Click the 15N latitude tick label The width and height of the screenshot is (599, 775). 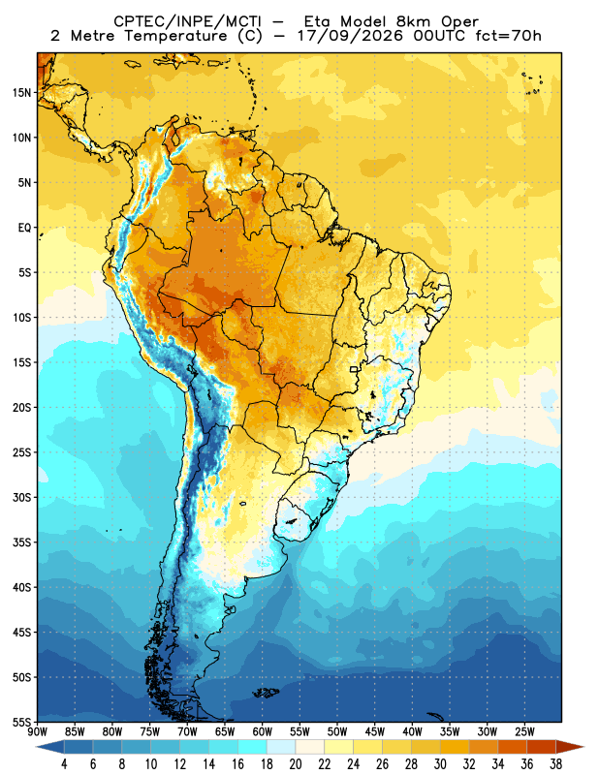[22, 92]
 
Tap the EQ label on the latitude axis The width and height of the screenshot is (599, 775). [25, 228]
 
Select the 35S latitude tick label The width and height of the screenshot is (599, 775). [22, 542]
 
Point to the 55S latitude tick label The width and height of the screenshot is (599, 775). [22, 722]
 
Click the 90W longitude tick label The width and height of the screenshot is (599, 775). [38, 731]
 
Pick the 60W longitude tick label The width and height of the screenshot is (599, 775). [262, 731]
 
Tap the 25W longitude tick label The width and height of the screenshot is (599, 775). [524, 731]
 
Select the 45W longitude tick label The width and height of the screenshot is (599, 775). [375, 731]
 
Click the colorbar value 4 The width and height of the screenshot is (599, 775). [64, 764]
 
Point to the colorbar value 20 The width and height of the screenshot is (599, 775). [296, 764]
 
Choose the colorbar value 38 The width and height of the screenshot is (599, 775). [555, 764]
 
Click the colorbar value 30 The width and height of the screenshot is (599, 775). [440, 764]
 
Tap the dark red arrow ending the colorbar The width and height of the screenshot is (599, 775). [570, 747]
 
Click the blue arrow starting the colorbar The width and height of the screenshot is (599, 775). [50, 747]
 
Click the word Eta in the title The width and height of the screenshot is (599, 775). [318, 21]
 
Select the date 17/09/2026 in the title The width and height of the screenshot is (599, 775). [351, 36]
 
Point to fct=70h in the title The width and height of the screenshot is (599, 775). [509, 36]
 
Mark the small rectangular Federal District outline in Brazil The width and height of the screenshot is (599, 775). [354, 369]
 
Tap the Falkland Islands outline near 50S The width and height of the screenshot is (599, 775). [267, 693]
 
